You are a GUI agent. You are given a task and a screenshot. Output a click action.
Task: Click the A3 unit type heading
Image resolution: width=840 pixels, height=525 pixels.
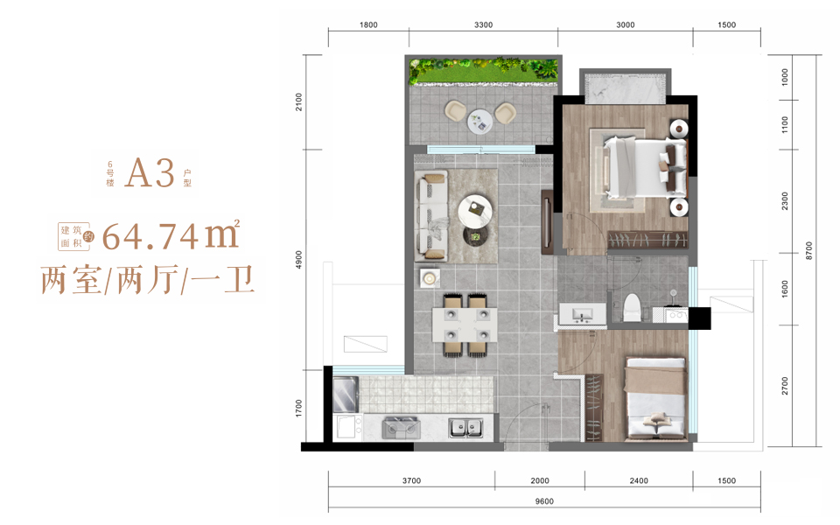(150, 172)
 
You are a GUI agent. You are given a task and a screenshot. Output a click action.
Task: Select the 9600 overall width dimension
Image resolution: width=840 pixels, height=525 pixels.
(544, 501)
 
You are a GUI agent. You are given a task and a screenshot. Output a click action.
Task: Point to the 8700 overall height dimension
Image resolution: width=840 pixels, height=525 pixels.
(808, 251)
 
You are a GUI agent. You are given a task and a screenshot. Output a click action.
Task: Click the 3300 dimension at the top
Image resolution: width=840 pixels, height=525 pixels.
(483, 24)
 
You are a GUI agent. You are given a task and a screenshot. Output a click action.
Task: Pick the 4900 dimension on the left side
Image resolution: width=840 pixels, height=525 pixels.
(298, 260)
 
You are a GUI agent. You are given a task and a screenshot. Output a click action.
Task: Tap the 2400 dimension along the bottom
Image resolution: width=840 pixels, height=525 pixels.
(639, 480)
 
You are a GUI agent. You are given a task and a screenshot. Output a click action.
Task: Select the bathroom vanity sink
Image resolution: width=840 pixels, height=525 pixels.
(583, 314)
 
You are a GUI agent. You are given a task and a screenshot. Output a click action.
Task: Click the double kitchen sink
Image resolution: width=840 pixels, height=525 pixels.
(465, 428)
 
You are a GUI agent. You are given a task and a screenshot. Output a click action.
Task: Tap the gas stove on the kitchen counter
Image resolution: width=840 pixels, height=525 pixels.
(401, 428)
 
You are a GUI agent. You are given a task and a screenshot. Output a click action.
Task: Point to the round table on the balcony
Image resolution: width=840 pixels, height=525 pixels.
(480, 122)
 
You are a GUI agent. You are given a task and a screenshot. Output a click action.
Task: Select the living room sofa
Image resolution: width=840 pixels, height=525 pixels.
(431, 215)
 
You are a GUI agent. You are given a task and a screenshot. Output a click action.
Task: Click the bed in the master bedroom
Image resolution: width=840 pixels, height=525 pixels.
(645, 166)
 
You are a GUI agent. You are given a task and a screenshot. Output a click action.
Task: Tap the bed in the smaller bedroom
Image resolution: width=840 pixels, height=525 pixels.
(655, 399)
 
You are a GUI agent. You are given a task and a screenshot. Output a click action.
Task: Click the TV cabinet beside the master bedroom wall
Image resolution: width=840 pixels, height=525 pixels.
(548, 221)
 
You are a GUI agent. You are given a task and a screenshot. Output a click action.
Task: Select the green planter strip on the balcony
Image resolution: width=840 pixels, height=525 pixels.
(484, 71)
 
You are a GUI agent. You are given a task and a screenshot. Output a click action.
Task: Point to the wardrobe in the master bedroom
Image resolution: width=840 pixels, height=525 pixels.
(647, 240)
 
